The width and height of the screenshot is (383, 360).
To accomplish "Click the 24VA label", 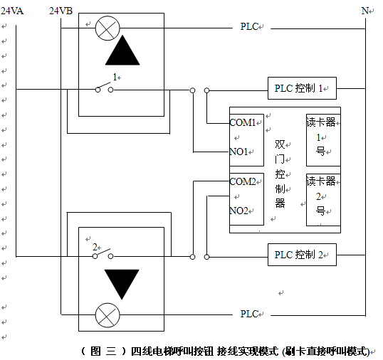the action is pos(12,11).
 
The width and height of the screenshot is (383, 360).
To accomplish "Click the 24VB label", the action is pos(61,11).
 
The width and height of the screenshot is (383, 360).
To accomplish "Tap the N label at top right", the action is pos(364,11).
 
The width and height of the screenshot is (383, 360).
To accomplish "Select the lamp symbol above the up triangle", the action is pos(107,28).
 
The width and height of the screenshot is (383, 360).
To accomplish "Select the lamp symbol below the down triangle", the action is pos(107,315).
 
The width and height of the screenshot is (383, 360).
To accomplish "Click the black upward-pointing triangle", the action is pos(122,51).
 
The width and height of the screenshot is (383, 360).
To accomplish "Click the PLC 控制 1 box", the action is pos(302,88).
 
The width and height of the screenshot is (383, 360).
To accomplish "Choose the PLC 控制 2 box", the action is pos(302,255).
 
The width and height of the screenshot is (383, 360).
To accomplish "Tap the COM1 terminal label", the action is pos(243,122).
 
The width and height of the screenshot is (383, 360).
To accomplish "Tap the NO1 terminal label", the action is pos(239,152).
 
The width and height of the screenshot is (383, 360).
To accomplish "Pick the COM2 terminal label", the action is pos(243,181).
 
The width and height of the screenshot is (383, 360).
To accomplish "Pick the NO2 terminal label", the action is pos(239,211).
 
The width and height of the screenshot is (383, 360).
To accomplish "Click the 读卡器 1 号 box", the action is pos(323,140).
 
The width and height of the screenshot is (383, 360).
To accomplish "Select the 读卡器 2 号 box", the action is pos(323,200).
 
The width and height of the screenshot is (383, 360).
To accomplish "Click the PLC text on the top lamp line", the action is pos(249,27).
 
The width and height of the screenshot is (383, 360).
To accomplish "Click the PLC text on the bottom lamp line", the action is pos(249,314).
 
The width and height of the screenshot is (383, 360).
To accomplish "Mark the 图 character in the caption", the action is pos(95,351).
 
